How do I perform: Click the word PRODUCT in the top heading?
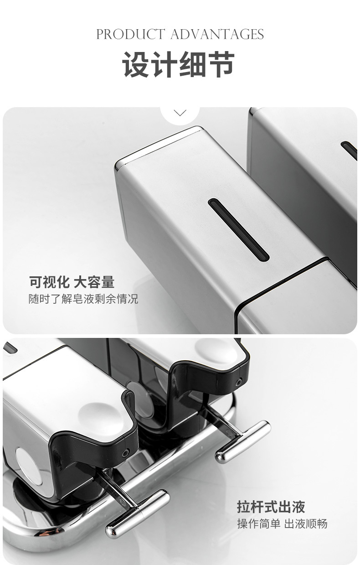(130, 34)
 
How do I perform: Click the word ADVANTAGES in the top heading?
(217, 34)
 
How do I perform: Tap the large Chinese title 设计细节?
(179, 64)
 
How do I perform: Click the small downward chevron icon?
(180, 113)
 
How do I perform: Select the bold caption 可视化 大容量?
(72, 282)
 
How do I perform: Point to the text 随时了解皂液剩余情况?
(83, 299)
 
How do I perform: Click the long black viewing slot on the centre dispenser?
(238, 229)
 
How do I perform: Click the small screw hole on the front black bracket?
(125, 454)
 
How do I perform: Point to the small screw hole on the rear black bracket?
(238, 382)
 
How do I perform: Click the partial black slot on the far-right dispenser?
(349, 150)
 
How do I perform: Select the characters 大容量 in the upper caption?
(94, 282)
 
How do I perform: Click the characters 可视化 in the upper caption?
(49, 282)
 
